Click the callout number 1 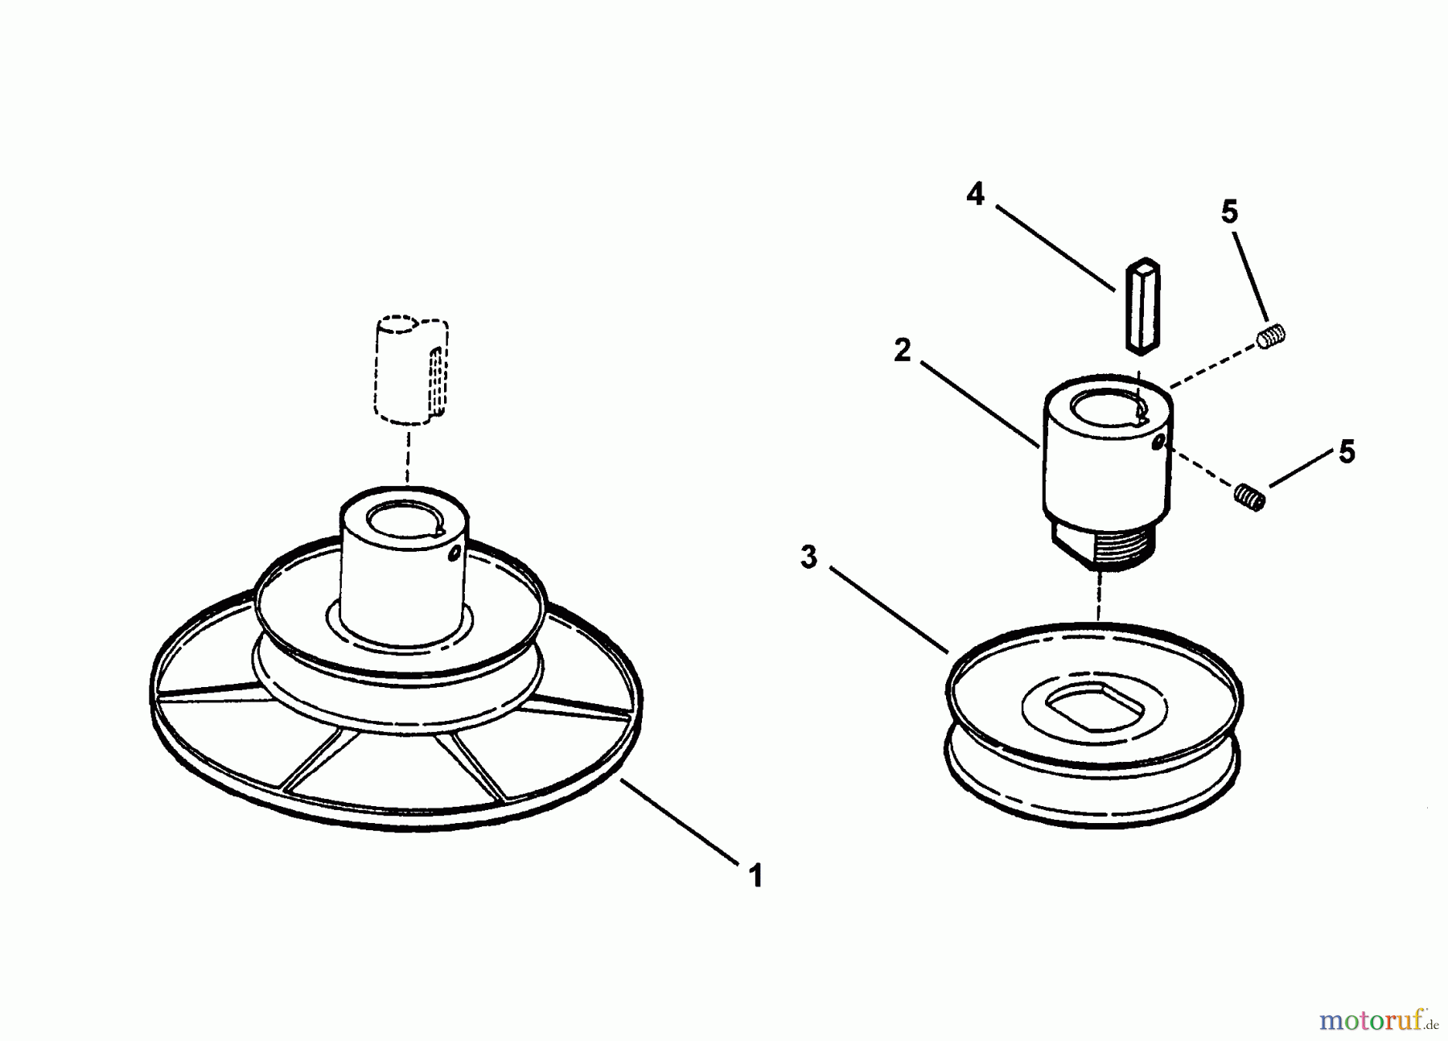(x=755, y=875)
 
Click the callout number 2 (x=903, y=351)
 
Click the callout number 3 (x=809, y=557)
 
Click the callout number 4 (x=975, y=194)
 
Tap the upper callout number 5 (x=1229, y=212)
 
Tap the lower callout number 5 (x=1347, y=452)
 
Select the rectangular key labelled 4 (x=1142, y=305)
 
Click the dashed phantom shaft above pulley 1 (x=411, y=370)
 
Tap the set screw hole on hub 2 (x=1158, y=443)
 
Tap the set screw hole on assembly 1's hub (x=455, y=553)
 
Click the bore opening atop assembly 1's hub (x=403, y=519)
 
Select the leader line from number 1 (x=680, y=821)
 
